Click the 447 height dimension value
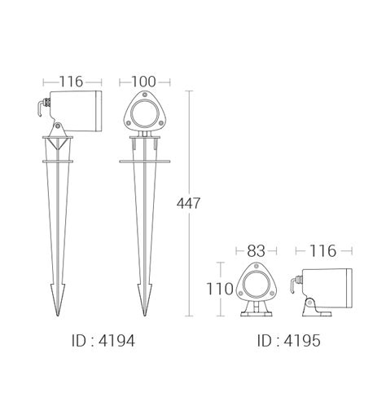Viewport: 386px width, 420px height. click(188, 203)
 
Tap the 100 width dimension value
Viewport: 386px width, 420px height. click(144, 82)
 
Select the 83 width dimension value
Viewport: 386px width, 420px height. click(256, 251)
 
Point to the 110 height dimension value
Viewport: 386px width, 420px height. click(220, 289)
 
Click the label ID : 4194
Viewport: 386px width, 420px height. click(103, 341)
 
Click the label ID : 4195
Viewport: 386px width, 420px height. click(289, 341)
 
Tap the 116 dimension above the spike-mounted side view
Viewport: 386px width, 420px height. click(71, 82)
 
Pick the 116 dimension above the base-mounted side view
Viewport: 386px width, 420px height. click(322, 251)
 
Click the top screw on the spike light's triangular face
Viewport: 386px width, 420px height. click(145, 95)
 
